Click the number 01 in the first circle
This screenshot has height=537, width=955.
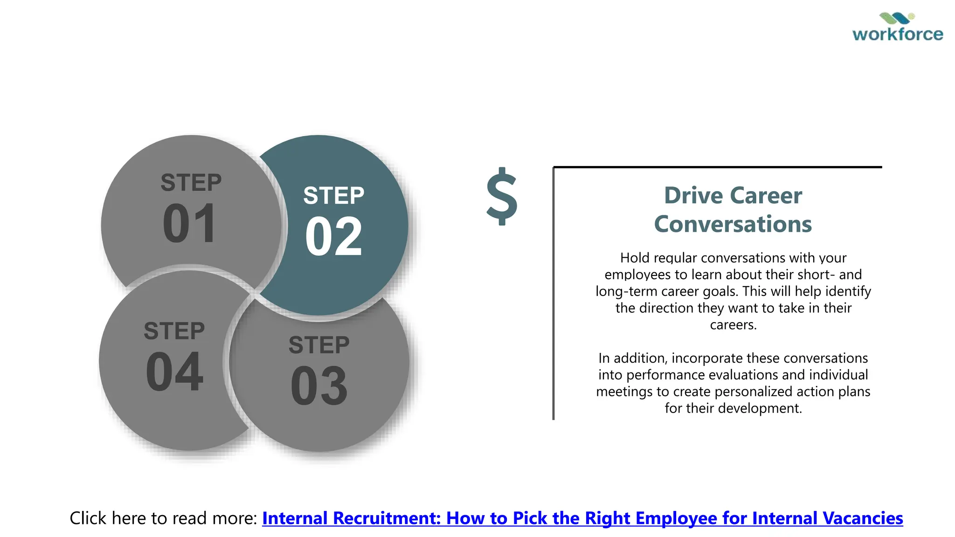tap(189, 224)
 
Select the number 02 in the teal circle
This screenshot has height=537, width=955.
tap(333, 237)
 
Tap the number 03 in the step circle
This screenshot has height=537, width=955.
tap(319, 386)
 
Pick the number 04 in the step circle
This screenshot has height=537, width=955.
tap(174, 372)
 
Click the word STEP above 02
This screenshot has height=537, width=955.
tap(333, 196)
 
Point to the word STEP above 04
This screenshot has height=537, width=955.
tap(174, 331)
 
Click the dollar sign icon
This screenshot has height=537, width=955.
tap(502, 196)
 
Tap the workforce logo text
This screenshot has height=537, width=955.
tap(898, 34)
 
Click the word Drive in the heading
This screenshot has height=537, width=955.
tap(687, 195)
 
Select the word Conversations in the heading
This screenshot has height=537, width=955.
tap(733, 224)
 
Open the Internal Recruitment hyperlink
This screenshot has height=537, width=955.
tap(582, 518)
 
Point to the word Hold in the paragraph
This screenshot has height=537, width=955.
tap(634, 258)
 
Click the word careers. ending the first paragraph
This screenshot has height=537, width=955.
tap(733, 325)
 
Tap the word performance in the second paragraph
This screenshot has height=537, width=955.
tap(663, 375)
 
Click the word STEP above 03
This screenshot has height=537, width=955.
tap(319, 345)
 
